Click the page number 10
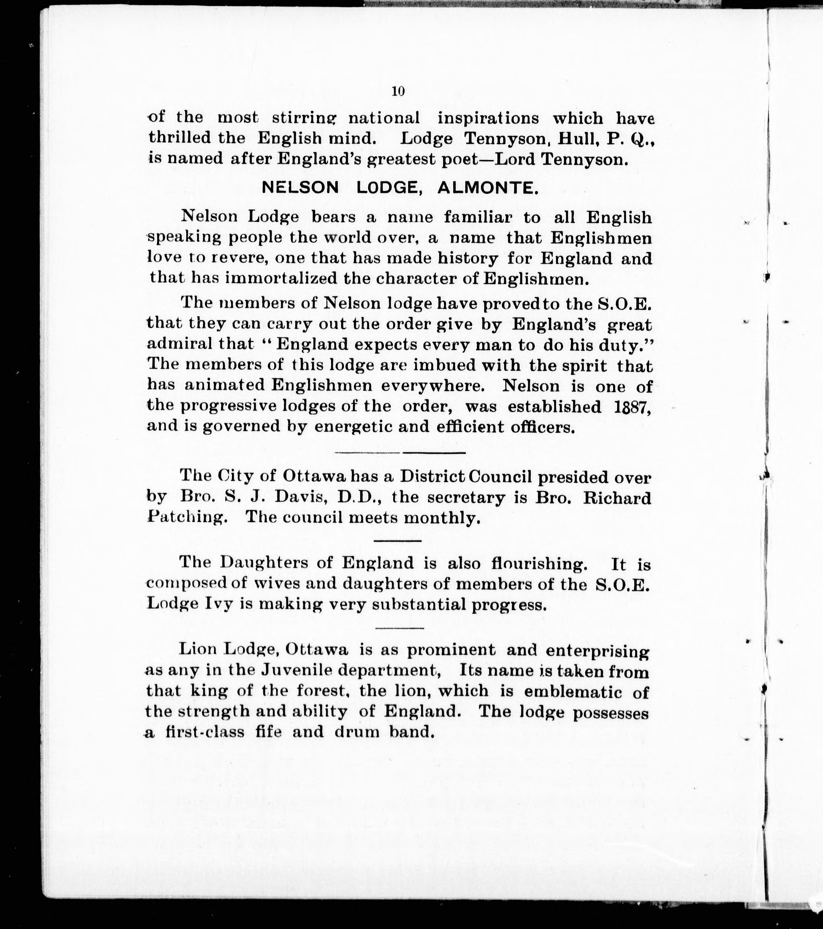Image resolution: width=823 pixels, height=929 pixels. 398,91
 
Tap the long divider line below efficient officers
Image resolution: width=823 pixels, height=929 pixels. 400,452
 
